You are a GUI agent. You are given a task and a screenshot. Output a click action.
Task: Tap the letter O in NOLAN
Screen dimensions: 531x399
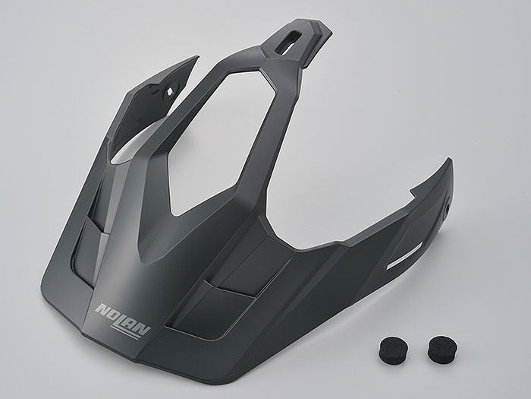click(x=112, y=314)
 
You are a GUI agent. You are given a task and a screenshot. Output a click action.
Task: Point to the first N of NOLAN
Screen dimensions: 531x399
click(x=101, y=309)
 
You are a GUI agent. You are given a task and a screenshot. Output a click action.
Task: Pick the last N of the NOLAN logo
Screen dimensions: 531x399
click(x=143, y=329)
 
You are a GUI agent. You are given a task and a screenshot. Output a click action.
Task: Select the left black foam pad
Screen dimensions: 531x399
click(x=393, y=348)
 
